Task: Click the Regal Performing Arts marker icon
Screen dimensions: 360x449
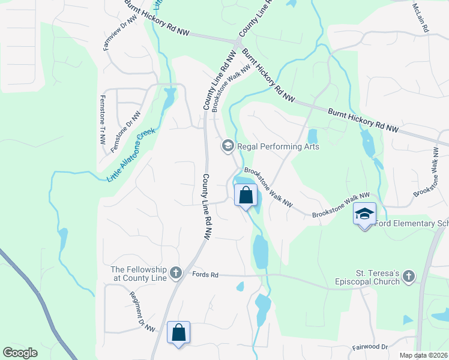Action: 228,146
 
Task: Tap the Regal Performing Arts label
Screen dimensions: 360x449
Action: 278,146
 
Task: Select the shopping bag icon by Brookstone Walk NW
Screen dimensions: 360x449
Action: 246,195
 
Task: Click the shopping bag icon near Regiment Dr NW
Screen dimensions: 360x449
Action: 178,332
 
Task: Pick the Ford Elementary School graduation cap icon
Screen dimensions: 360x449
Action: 364,214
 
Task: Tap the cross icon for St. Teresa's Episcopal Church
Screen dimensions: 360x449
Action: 408,276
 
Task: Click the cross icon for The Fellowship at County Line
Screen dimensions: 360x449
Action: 175,273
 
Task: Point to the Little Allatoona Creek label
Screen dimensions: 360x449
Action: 131,155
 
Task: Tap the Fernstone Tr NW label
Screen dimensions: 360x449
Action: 103,119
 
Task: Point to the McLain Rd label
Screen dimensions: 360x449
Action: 423,19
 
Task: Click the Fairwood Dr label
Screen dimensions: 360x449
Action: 370,346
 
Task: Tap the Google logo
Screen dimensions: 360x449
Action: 20,353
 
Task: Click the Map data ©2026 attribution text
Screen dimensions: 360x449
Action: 423,355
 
